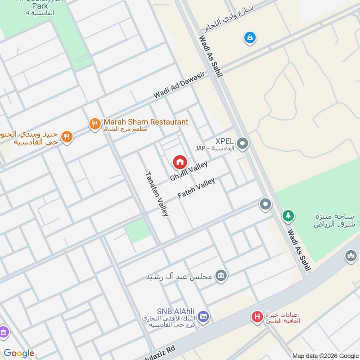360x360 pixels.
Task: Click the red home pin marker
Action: (180, 162)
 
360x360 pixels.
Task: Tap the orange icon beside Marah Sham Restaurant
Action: (94, 123)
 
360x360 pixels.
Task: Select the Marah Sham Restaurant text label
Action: (146, 122)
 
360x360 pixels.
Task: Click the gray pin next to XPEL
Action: (243, 144)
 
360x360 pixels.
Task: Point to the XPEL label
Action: (225, 141)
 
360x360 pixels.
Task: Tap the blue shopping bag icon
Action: (249, 38)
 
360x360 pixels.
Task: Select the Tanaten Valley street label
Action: (157, 194)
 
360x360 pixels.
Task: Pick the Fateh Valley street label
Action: (197, 189)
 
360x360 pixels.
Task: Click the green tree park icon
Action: (288, 216)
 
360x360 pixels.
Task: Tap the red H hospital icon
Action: (257, 317)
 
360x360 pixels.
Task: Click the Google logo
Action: (19, 353)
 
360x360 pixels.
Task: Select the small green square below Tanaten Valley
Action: (137, 230)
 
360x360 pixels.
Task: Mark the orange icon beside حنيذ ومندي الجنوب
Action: (67, 137)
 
